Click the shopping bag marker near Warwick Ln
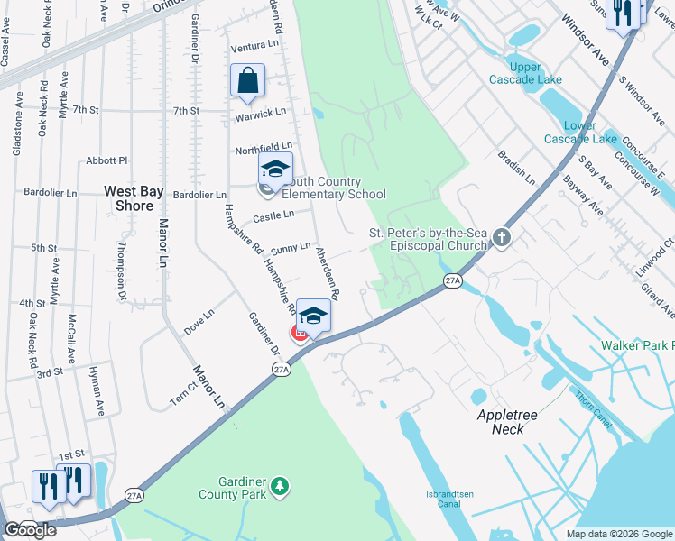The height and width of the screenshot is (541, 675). [x=247, y=81]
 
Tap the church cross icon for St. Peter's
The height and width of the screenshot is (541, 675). [x=502, y=239]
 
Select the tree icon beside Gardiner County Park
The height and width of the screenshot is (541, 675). [x=281, y=487]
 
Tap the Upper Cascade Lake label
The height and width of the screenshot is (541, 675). [x=526, y=73]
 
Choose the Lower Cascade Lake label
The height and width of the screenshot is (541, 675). [x=579, y=132]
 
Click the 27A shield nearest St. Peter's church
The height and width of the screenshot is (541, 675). [x=453, y=282]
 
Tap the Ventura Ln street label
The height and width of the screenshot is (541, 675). [x=254, y=45]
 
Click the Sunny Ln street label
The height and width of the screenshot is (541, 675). [x=291, y=246]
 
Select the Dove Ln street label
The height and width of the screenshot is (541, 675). [x=199, y=318]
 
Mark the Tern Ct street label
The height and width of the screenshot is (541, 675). [x=183, y=391]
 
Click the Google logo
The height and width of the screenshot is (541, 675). [x=30, y=530]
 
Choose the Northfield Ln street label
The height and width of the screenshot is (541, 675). [x=264, y=146]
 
